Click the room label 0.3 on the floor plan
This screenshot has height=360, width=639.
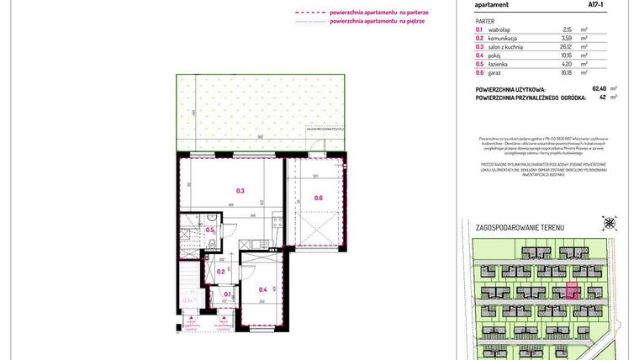[x=240, y=191]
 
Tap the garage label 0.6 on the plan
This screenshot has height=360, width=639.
[x=318, y=198]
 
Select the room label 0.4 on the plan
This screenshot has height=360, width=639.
[x=262, y=289]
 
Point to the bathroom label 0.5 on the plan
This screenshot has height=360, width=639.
[x=210, y=230]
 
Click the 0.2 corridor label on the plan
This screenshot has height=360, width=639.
[x=220, y=271]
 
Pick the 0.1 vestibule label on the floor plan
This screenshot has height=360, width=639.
[x=227, y=294]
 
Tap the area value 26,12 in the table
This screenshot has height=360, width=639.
[x=567, y=46]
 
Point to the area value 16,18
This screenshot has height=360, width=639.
[x=567, y=72]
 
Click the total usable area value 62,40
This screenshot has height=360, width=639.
[x=599, y=88]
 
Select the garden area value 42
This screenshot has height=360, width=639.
[x=602, y=97]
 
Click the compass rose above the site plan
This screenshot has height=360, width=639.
[x=609, y=223]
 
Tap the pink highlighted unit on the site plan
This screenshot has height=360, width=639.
[x=572, y=291]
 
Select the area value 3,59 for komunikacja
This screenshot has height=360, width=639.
[x=567, y=38]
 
